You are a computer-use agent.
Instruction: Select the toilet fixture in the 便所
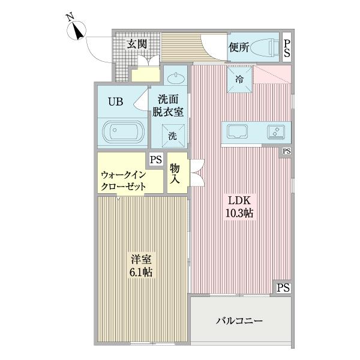(262, 47)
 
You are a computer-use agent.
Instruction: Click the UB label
(115, 101)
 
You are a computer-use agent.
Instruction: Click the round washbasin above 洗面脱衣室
(175, 77)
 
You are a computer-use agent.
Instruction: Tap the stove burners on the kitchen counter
(276, 131)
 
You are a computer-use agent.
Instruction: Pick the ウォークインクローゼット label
(124, 180)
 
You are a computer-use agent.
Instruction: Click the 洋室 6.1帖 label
(142, 266)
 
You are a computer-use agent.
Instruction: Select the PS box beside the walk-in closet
(155, 160)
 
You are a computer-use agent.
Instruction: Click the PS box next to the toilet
(287, 48)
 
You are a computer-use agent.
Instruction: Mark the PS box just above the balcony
(283, 288)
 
